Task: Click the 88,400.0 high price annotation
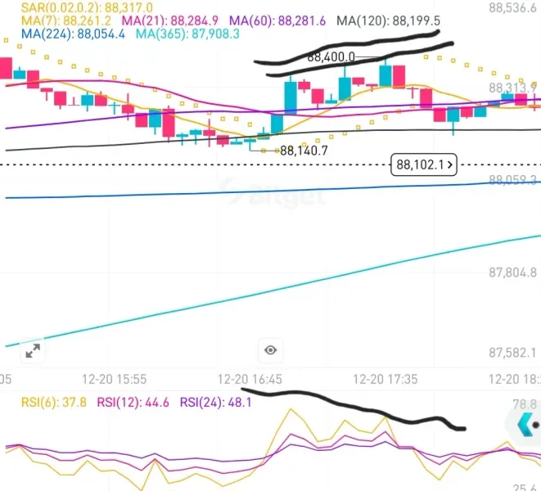(x=331, y=57)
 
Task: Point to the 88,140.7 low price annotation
(x=304, y=151)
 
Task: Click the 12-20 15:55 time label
(x=115, y=380)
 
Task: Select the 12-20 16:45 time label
(x=250, y=380)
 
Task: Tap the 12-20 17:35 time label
(x=385, y=380)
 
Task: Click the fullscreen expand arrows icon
(x=33, y=351)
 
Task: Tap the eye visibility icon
(x=270, y=350)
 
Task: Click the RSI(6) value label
(x=40, y=402)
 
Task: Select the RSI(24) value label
(x=207, y=402)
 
